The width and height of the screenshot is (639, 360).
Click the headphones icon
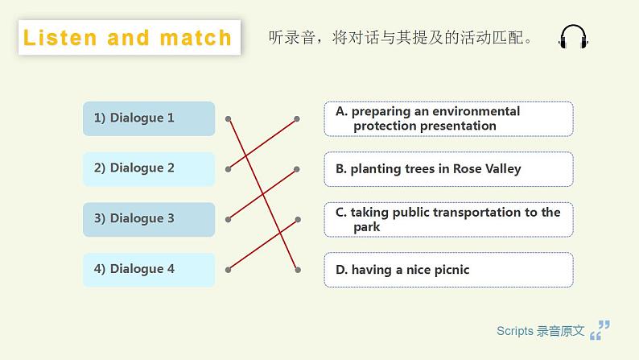(x=573, y=38)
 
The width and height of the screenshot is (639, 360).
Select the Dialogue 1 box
(x=149, y=118)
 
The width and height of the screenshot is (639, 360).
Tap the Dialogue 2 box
(x=149, y=168)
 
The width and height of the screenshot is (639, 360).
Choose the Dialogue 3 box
(x=149, y=219)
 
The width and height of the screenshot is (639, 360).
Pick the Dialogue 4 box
(x=149, y=269)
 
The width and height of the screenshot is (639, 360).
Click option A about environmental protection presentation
(x=448, y=118)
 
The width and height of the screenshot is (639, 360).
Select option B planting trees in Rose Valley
(x=448, y=169)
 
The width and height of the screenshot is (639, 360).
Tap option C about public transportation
(x=448, y=219)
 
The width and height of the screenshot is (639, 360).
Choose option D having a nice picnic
(x=448, y=270)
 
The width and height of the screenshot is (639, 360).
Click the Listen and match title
(x=129, y=38)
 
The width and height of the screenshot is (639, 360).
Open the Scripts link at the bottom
(x=540, y=331)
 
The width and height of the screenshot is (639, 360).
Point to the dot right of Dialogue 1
(x=229, y=118)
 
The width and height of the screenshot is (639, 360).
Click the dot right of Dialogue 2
(x=229, y=169)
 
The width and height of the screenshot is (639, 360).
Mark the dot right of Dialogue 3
(x=229, y=219)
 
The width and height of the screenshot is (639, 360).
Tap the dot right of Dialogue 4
(x=229, y=269)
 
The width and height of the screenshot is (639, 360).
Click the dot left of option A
(x=297, y=118)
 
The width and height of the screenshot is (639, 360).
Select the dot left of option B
(x=297, y=169)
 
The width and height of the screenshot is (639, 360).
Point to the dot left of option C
(x=297, y=219)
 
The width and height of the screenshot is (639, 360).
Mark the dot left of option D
(x=297, y=269)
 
